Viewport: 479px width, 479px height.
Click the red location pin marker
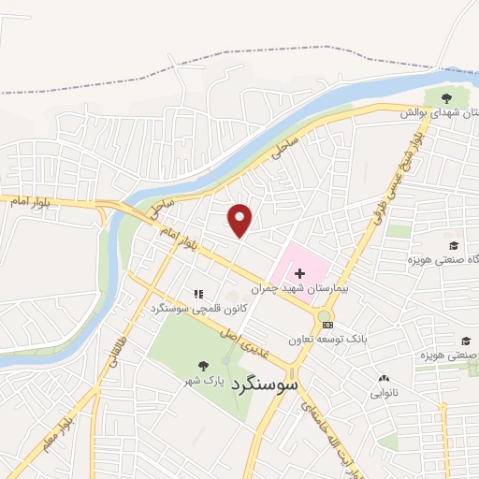[240, 220]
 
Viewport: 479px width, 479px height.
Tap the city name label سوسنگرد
[269, 384]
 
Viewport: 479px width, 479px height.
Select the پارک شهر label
[203, 384]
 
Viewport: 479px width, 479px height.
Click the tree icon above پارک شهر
[203, 366]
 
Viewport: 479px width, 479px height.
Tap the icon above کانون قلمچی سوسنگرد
[197, 294]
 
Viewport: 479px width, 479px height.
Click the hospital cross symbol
[299, 273]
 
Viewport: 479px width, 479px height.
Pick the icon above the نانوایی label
[383, 378]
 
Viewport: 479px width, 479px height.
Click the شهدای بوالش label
[440, 112]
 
